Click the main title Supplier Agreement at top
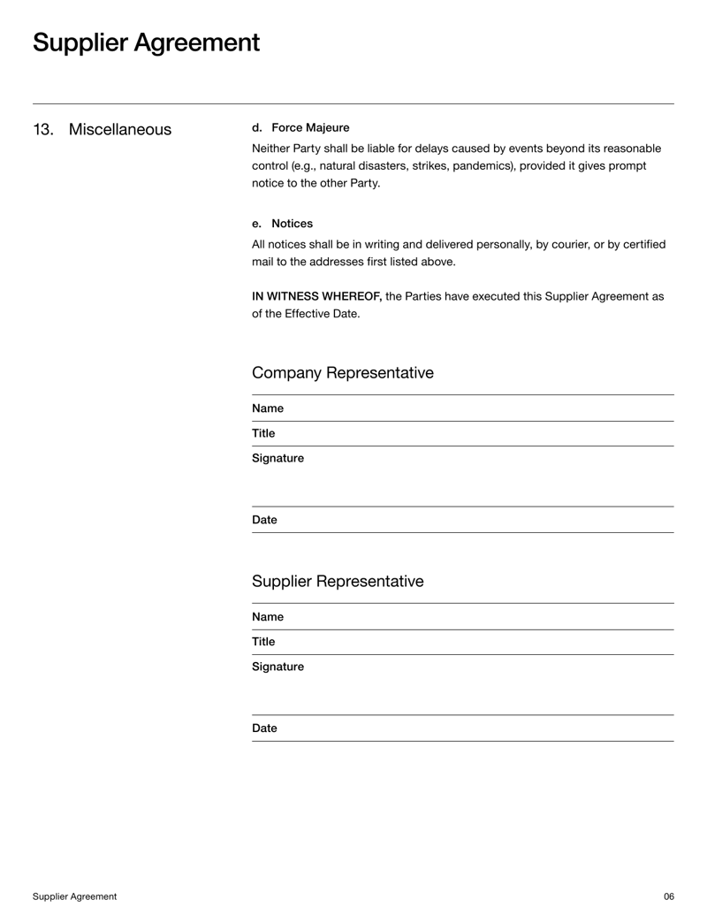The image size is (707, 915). [146, 42]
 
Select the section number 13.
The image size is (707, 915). [43, 130]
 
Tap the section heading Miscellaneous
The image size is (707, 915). [120, 130]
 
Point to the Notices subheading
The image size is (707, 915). [292, 224]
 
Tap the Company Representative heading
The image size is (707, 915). [343, 373]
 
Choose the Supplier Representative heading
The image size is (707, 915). [338, 581]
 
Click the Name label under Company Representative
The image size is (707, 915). [268, 408]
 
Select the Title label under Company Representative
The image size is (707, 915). [263, 433]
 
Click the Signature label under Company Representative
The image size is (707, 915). [277, 458]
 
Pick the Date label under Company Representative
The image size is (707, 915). [264, 520]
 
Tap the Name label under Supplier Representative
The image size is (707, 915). [268, 616]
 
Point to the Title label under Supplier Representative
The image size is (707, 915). [263, 641]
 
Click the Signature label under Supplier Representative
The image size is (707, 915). [277, 666]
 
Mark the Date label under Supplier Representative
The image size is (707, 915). [264, 728]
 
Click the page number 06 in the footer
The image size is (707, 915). [669, 896]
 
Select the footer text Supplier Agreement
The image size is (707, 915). [74, 896]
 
